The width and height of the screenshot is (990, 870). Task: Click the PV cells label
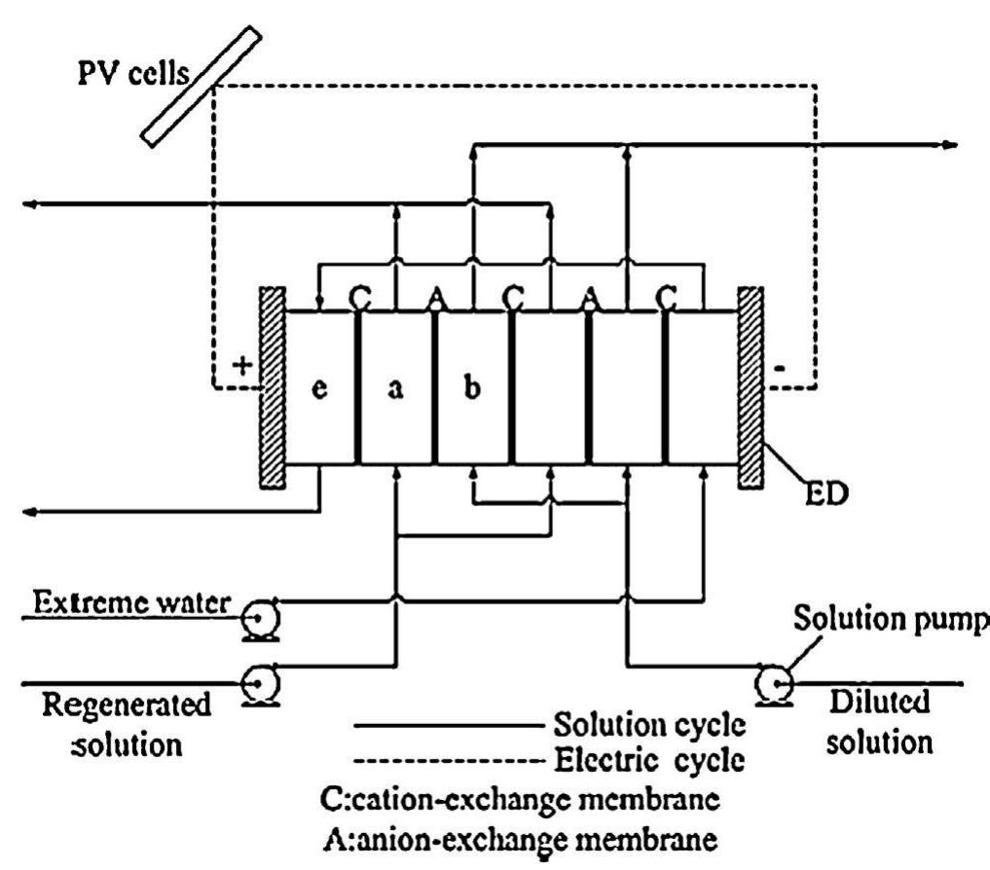(130, 74)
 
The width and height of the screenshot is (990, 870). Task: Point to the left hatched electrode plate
(273, 386)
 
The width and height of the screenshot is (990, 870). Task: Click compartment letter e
(318, 391)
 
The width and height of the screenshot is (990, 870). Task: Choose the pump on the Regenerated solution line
(261, 687)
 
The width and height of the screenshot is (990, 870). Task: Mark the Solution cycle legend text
(650, 724)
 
